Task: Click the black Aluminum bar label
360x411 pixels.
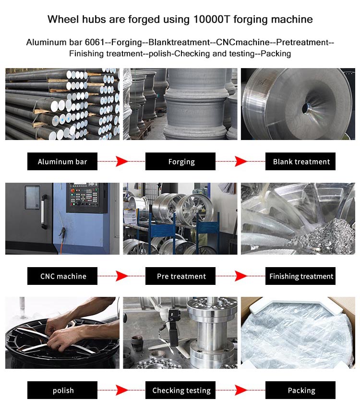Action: pos(62,162)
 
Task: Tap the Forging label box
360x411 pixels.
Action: pos(180,162)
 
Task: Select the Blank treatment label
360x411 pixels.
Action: pos(300,162)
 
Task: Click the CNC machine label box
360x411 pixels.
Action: pos(62,276)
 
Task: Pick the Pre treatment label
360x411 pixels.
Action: pos(180,276)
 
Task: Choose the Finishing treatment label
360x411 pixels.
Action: pos(300,276)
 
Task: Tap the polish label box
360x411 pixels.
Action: pos(62,390)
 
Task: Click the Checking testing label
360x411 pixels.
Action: pos(180,390)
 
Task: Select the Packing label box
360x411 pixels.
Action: pos(300,390)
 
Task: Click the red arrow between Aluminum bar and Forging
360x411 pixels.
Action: pos(121,162)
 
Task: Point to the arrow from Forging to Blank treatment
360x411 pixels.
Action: pos(240,162)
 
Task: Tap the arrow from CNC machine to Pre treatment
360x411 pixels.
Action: pos(121,276)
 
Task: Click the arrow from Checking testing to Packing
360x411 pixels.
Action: pos(240,390)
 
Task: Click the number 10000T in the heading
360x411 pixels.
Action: pos(212,19)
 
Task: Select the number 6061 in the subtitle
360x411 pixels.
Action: pos(95,42)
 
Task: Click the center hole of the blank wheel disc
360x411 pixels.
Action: pos(306,108)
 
